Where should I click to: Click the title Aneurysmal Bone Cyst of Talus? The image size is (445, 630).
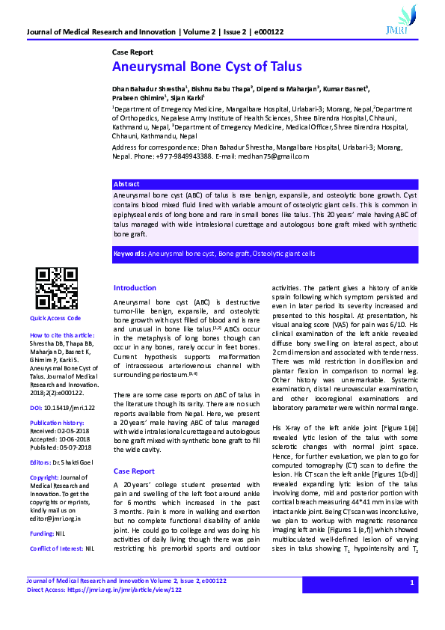tap(206, 67)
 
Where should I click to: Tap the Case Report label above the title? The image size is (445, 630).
tap(132, 52)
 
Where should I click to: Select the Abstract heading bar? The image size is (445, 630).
tap(126, 183)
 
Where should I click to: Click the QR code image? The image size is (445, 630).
tap(58, 288)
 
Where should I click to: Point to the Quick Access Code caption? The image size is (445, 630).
tap(55, 318)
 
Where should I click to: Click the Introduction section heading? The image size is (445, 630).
tap(135, 288)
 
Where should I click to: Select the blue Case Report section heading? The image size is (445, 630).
tap(134, 471)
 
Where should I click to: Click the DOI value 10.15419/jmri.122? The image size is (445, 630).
tap(70, 408)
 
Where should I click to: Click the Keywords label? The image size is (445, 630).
tap(129, 254)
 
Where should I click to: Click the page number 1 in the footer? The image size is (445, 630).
tap(411, 583)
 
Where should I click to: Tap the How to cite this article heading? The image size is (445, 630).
tap(62, 335)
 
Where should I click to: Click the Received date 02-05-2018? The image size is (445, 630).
tap(71, 431)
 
